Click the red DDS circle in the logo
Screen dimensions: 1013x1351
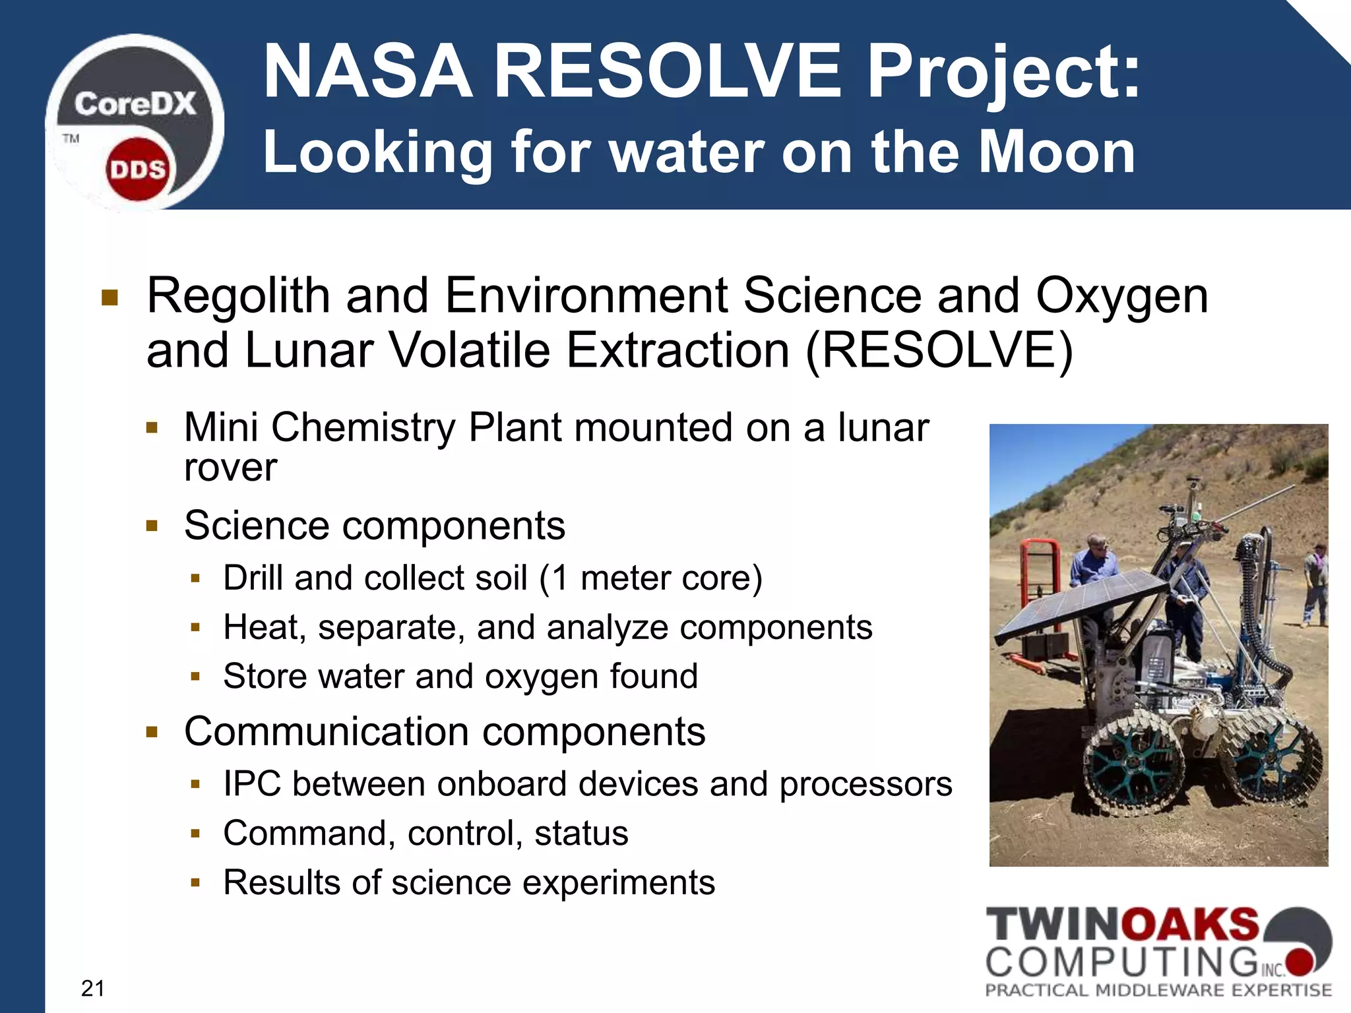[137, 169]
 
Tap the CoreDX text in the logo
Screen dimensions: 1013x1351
[135, 104]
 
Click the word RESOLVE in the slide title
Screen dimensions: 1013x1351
[668, 71]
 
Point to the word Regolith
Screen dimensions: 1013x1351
[238, 295]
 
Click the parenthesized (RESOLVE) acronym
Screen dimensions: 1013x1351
[939, 350]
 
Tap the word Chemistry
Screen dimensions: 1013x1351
[363, 427]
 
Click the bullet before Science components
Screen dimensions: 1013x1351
[152, 526]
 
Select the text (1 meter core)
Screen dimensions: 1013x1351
[650, 578]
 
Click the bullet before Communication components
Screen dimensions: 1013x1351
[152, 732]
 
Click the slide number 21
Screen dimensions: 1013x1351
[92, 988]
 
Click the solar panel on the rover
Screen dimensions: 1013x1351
[1082, 603]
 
